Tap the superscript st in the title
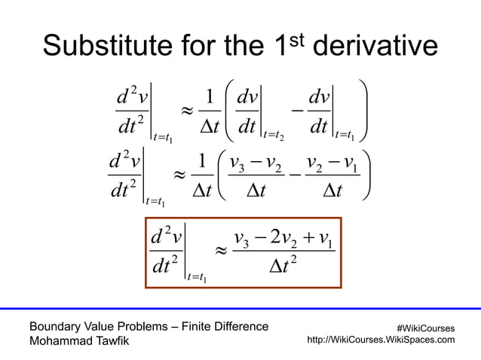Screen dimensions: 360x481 point(295,39)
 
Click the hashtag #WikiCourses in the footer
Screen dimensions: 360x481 point(424,328)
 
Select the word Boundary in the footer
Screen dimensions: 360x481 point(54,326)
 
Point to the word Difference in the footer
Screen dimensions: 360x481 point(240,326)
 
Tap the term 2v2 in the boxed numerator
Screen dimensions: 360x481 point(285,241)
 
